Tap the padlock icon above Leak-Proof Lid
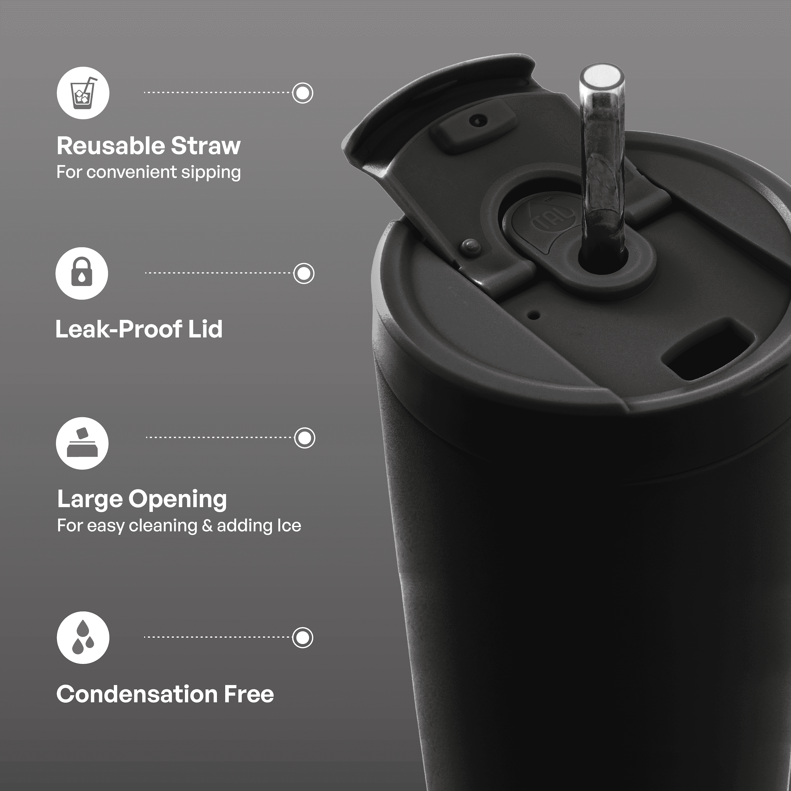82,273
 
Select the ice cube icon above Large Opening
82,443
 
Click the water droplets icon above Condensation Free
83,637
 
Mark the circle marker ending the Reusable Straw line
303,93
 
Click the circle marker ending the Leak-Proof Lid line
304,273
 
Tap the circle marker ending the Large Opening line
305,438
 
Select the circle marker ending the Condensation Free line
303,637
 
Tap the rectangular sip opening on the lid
703,349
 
